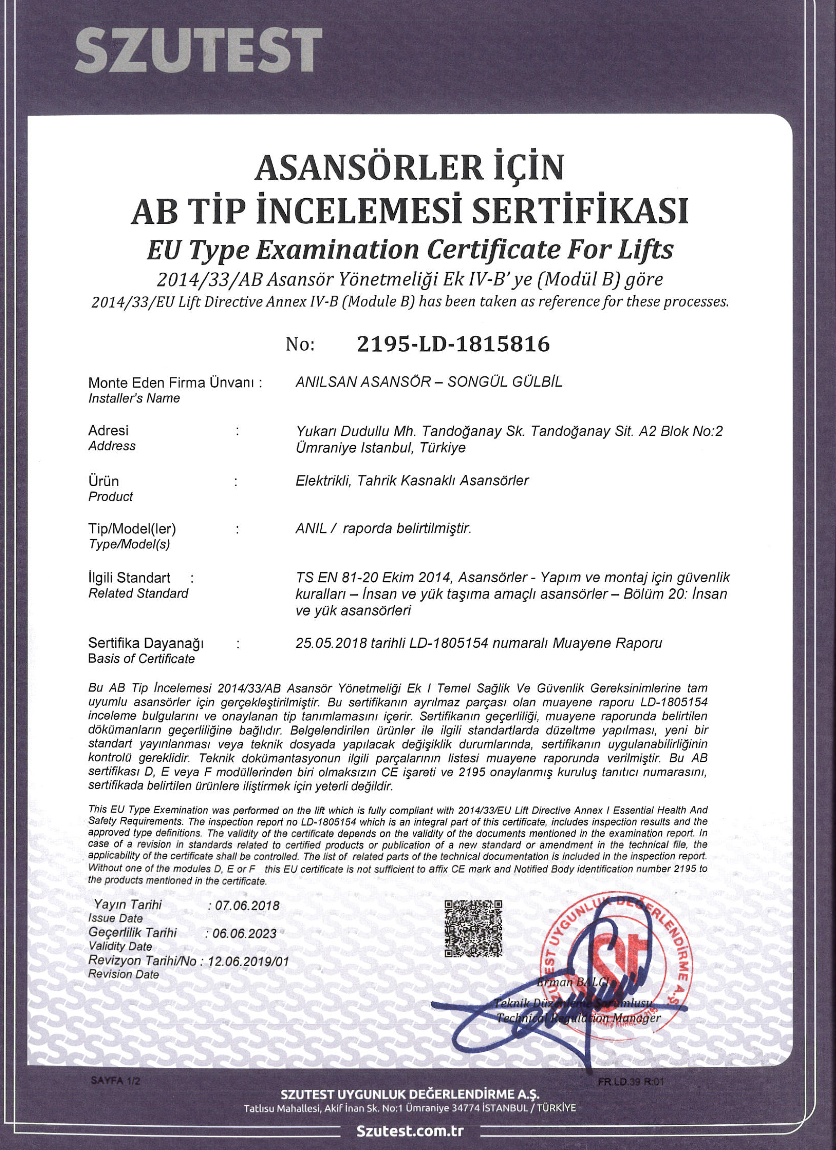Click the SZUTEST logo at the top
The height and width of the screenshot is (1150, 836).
point(198,50)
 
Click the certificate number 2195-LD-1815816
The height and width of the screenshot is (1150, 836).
point(453,345)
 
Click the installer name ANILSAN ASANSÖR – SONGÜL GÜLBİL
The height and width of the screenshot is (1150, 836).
point(428,382)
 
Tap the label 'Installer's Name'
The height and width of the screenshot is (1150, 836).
point(134,398)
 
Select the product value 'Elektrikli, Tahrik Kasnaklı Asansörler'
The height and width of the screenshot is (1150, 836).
point(412,480)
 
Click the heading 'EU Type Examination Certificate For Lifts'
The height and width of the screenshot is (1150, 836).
point(409,249)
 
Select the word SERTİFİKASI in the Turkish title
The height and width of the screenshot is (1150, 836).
point(580,211)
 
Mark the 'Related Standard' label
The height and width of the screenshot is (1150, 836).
point(138,593)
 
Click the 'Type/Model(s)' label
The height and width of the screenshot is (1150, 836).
point(129,545)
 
